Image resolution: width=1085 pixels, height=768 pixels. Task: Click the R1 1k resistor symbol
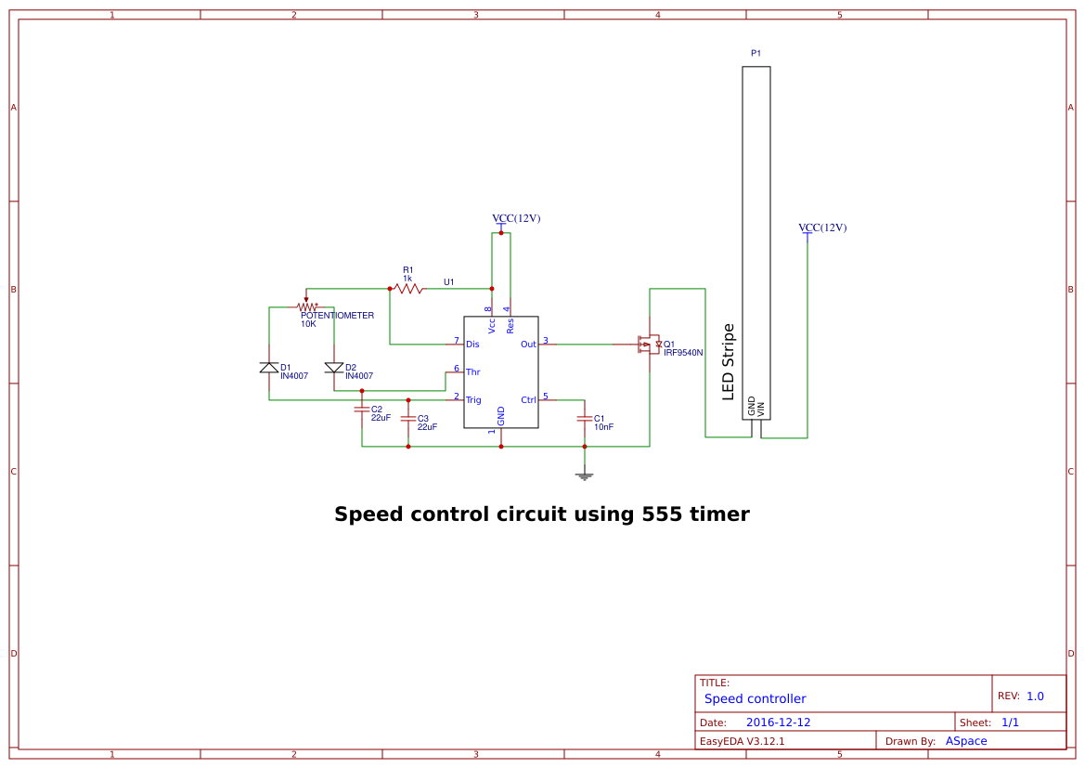(407, 289)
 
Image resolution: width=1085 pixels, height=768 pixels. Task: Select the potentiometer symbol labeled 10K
(306, 306)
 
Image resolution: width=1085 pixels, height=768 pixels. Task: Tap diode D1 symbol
(269, 368)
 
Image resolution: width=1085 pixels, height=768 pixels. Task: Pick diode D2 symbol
(334, 368)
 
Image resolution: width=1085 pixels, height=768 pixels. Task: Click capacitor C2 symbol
(362, 409)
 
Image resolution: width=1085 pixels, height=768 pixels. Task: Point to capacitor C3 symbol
(408, 419)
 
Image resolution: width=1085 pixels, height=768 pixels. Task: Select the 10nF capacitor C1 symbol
(584, 419)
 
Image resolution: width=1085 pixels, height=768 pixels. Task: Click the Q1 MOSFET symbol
(648, 345)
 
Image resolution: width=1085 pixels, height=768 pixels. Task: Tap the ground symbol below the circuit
(584, 475)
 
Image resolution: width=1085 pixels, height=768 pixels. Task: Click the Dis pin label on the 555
(472, 345)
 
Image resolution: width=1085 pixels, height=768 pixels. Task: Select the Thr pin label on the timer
(472, 372)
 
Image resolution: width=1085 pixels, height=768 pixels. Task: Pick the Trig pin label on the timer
(473, 400)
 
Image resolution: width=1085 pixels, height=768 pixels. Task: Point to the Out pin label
(528, 345)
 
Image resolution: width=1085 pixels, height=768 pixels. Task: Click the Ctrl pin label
(528, 400)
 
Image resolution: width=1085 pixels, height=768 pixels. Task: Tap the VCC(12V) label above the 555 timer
(516, 218)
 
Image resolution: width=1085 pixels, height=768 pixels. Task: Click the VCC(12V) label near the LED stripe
(822, 228)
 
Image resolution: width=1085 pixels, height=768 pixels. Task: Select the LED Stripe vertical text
(729, 362)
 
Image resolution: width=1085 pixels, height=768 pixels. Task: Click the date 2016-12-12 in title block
(778, 722)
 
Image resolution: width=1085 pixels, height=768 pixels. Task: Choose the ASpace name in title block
(966, 741)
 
